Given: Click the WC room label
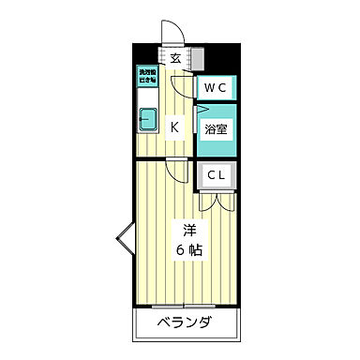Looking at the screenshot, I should [216, 89].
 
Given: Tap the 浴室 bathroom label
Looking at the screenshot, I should [215, 129].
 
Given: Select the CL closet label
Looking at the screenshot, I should [215, 174].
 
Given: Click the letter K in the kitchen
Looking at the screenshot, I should [174, 126].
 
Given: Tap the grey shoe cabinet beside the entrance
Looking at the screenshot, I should [197, 58].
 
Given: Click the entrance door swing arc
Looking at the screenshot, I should [169, 32].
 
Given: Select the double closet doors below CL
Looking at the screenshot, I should [216, 200].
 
